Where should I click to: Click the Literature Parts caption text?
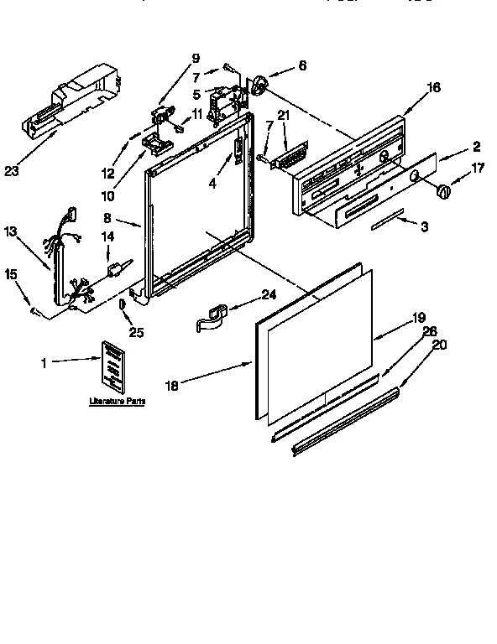(117, 402)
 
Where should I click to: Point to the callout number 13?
(10, 231)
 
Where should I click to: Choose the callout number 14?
(107, 237)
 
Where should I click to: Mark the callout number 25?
(136, 333)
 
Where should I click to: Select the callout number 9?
(196, 58)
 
